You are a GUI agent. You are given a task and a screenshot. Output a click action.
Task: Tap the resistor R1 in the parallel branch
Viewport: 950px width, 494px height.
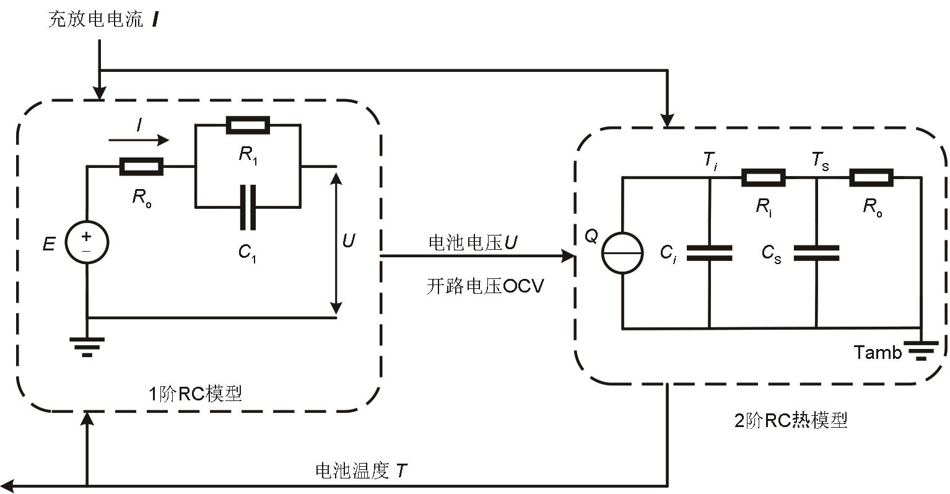[248, 125]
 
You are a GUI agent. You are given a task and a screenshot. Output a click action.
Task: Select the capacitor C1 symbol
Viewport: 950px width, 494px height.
[248, 206]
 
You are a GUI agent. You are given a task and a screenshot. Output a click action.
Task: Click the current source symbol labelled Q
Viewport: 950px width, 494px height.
[622, 253]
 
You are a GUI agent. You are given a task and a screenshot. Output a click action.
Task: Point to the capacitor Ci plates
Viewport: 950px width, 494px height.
[709, 253]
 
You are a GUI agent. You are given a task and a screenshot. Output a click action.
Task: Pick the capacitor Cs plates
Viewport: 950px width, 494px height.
[816, 253]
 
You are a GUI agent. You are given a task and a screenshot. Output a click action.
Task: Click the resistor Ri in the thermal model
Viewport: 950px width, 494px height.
[763, 178]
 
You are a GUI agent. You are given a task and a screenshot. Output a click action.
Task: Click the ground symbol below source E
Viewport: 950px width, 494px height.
[87, 346]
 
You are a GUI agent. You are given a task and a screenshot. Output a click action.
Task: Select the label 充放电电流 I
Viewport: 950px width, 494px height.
[103, 20]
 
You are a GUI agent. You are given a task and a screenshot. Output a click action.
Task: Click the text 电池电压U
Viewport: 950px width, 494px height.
[473, 243]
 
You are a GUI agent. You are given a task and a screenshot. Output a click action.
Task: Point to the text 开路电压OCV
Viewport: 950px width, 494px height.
[484, 286]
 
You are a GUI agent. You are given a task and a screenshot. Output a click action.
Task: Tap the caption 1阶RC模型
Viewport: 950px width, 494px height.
[194, 394]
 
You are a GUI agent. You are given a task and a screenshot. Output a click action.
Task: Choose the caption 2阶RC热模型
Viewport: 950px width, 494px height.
[790, 421]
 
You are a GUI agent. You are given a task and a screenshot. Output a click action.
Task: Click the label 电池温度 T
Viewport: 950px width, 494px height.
[361, 471]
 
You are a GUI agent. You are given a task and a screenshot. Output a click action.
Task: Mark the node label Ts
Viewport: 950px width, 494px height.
[821, 161]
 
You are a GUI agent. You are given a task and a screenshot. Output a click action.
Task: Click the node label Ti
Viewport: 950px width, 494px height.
[710, 161]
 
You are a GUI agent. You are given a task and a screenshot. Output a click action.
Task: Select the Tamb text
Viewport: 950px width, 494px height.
[878, 353]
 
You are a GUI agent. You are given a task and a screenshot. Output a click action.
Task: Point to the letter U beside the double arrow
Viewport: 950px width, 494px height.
[349, 240]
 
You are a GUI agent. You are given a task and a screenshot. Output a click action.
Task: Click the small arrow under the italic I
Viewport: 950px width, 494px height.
[139, 140]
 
